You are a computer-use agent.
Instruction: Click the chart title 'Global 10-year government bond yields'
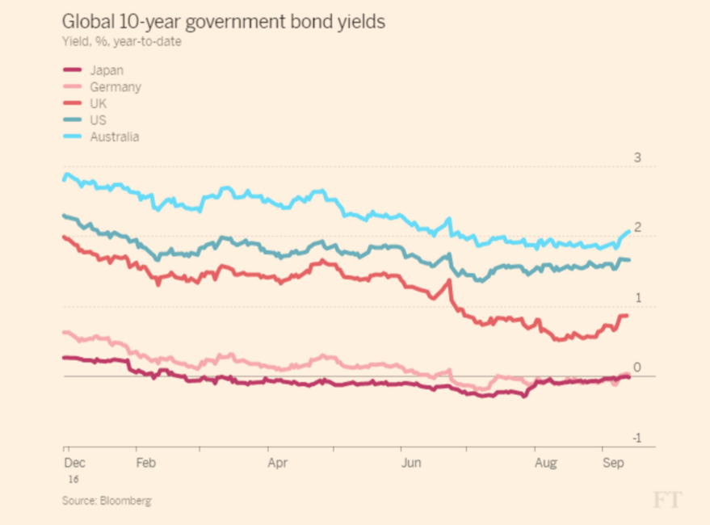[224, 21]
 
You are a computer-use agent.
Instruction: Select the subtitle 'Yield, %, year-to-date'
[121, 42]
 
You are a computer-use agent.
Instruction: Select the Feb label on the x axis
[145, 464]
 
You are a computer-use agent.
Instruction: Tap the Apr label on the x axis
[278, 464]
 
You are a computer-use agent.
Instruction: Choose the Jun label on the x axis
[411, 464]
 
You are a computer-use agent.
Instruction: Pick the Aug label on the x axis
[545, 464]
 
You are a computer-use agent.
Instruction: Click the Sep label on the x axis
[611, 464]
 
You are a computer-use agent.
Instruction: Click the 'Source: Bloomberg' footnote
[107, 501]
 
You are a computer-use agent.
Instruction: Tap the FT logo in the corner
[667, 500]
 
